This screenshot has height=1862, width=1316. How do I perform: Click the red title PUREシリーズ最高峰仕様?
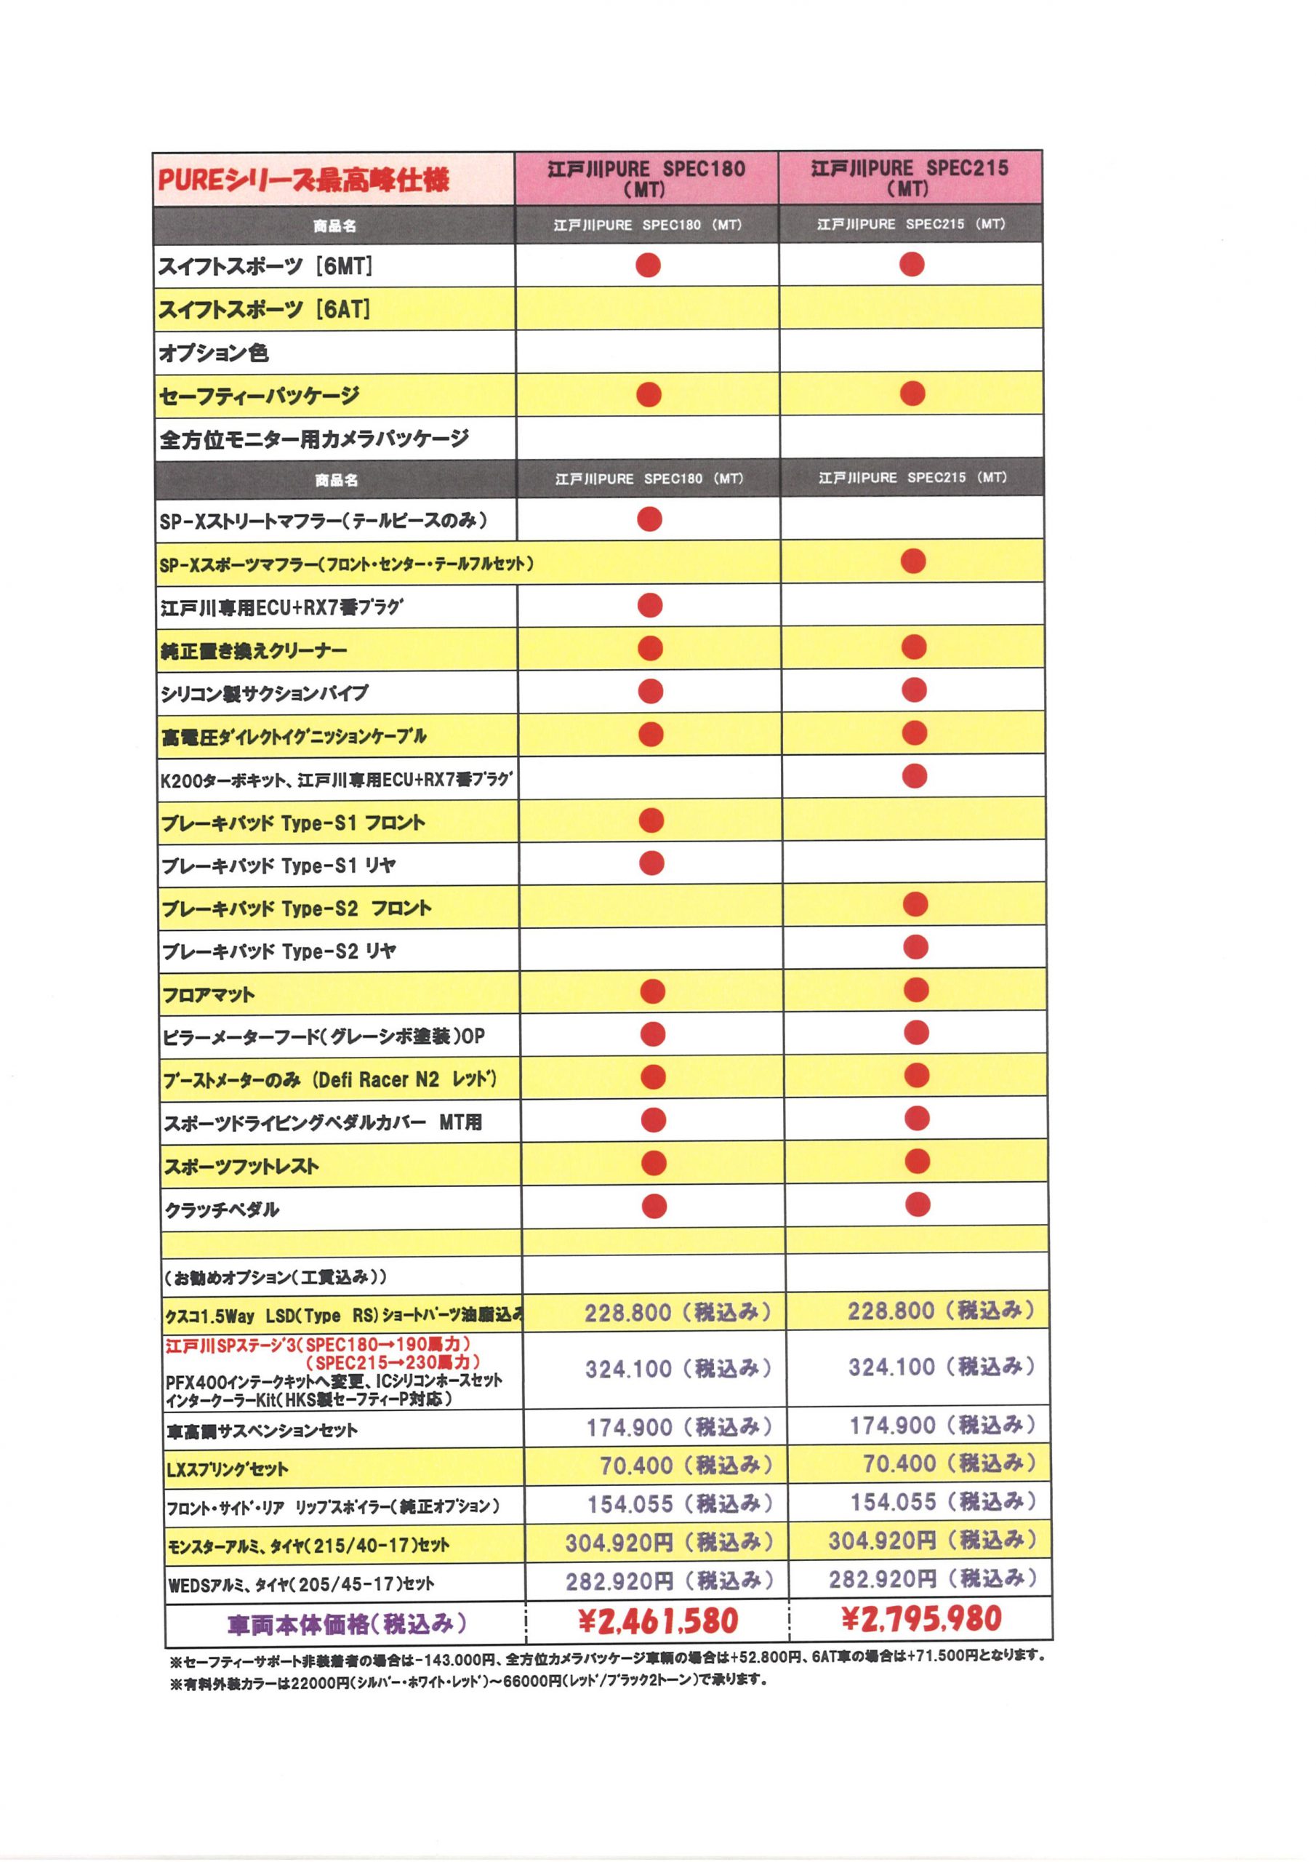pos(302,179)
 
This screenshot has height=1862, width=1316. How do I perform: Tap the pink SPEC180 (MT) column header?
pos(646,178)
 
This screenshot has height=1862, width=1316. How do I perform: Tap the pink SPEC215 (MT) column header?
pos(910,177)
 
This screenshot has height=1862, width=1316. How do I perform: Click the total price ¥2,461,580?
pos(657,1621)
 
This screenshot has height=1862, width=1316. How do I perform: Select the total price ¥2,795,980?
pos(921,1619)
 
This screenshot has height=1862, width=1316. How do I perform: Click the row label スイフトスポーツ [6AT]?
pos(265,309)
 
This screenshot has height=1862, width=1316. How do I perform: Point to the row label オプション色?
pos(213,353)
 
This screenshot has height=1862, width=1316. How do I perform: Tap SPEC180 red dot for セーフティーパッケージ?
pos(649,394)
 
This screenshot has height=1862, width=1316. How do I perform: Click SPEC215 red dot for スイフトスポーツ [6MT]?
pos(912,264)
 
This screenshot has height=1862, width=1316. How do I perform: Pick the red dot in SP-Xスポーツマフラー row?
pos(913,562)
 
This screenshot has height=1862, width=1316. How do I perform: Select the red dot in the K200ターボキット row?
pos(914,776)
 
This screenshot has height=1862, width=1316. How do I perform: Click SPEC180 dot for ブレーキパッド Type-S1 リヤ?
pos(651,863)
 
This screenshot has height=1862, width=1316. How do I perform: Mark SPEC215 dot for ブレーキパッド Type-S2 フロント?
pos(915,903)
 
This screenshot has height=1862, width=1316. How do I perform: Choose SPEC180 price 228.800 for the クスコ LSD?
pos(677,1312)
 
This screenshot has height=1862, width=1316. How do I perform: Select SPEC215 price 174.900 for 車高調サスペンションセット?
pos(942,1425)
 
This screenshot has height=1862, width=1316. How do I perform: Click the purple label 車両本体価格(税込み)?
pos(347,1623)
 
